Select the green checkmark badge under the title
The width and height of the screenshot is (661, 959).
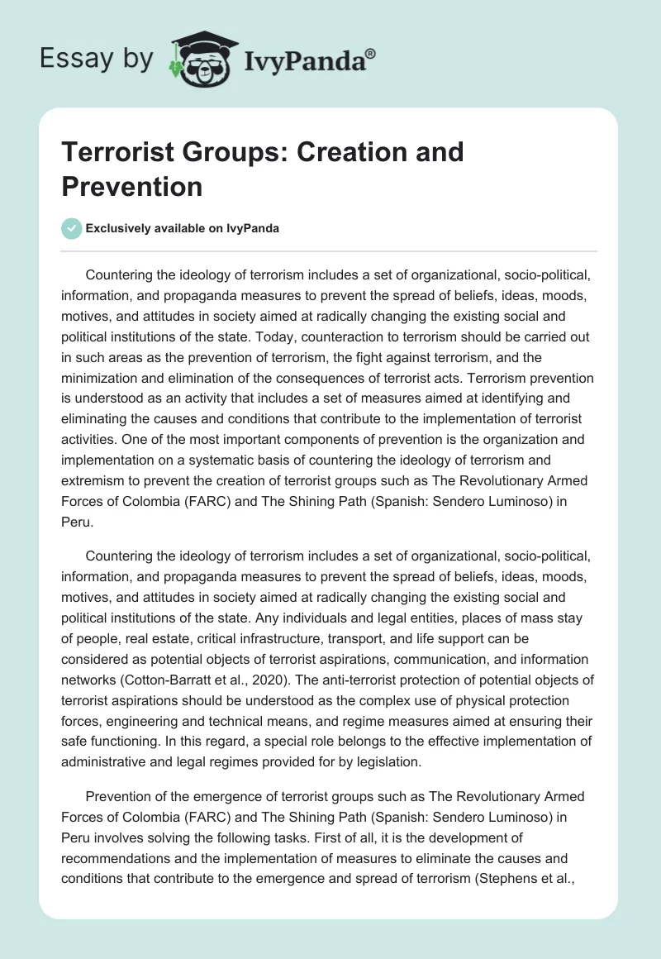[72, 229]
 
